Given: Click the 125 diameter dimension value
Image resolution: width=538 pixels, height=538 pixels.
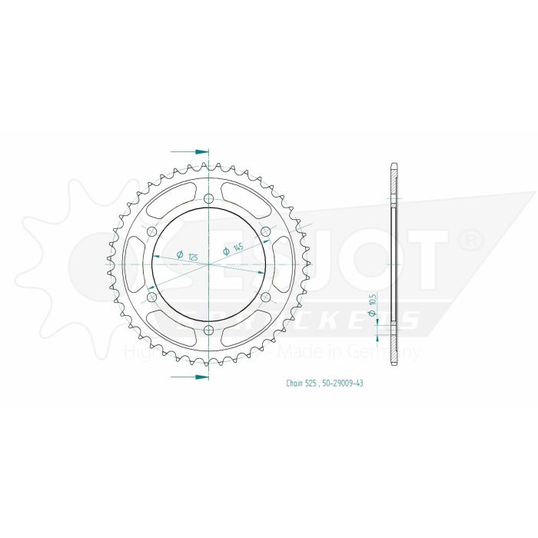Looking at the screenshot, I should tap(193, 255).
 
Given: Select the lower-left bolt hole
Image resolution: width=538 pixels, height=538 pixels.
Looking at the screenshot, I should tap(151, 297).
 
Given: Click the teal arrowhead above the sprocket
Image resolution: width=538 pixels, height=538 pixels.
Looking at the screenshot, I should tap(201, 152).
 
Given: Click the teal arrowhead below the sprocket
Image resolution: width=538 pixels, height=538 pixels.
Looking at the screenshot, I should tap(201, 377).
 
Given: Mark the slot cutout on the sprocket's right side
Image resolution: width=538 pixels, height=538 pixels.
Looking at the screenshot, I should tap(283, 264).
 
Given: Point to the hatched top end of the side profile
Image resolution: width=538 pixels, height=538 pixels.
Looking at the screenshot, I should tap(394, 181).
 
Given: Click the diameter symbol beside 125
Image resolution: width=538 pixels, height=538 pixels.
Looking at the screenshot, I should tap(179, 254).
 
